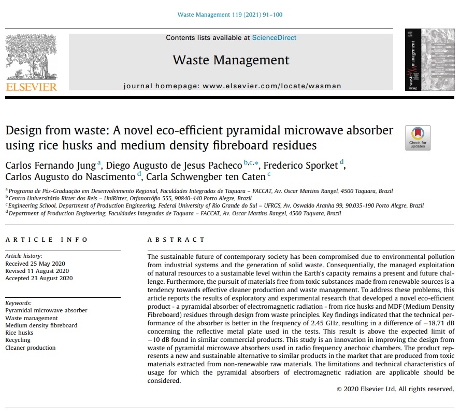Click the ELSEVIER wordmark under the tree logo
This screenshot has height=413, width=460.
[x=31, y=87]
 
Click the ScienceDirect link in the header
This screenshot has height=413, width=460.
[x=274, y=38]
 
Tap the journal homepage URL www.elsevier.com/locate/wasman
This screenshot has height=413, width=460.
[x=272, y=86]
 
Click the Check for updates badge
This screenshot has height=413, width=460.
[x=418, y=137]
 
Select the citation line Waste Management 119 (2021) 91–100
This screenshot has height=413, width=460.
[x=230, y=15]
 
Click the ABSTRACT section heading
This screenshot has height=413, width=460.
[x=176, y=240]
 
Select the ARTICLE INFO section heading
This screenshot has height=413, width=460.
[x=47, y=240]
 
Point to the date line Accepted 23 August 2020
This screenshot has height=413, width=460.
[x=39, y=278]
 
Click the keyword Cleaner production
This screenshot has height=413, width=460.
[x=30, y=348]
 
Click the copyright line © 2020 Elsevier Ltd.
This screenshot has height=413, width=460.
[x=395, y=389]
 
